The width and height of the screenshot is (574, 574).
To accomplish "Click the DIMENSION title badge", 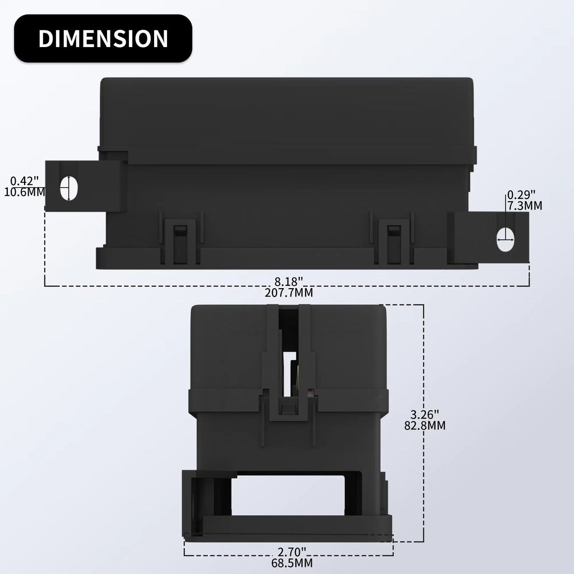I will [x=103, y=38].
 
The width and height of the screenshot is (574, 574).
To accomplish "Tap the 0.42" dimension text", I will [x=25, y=181].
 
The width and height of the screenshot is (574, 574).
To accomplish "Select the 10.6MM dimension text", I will [x=24, y=192].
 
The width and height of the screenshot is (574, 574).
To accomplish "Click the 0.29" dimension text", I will [x=521, y=195].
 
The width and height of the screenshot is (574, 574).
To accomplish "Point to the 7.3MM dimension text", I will [x=525, y=206].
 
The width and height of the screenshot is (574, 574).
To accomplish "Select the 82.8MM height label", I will [x=424, y=425].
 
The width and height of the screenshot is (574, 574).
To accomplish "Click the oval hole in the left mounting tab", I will [x=69, y=187].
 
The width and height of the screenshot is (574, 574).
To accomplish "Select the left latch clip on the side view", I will [x=179, y=242].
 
